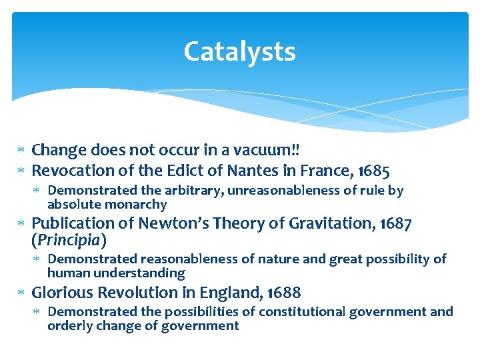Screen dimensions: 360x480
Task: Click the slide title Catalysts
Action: point(239,51)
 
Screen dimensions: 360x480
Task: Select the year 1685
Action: point(372,171)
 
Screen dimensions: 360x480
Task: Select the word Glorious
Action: point(62,293)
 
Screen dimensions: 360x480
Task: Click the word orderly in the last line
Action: point(69,325)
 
